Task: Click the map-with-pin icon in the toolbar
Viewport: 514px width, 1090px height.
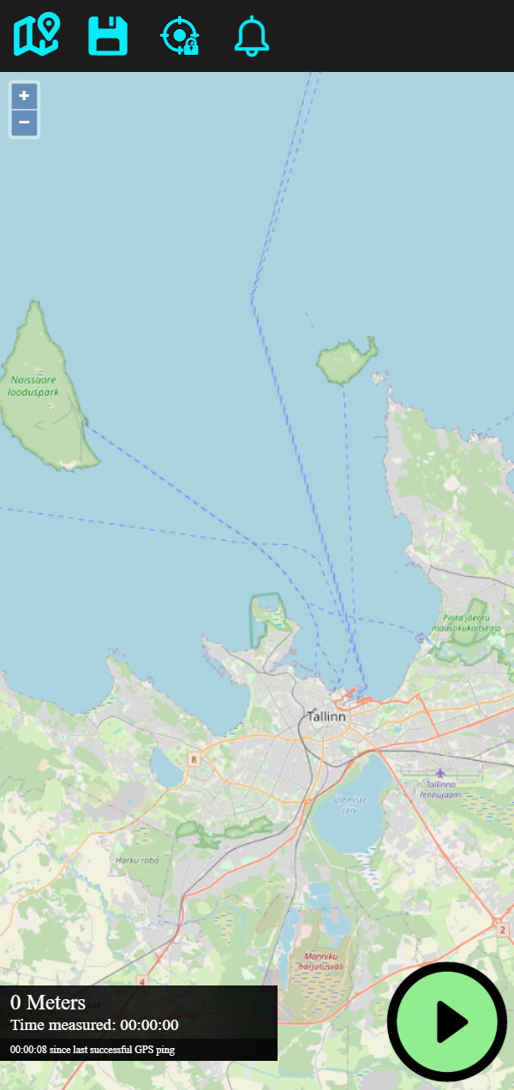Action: point(36,36)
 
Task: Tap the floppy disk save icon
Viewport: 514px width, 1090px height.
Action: point(108,36)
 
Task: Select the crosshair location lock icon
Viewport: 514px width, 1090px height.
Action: point(180,36)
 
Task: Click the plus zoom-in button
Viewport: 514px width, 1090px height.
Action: point(24,96)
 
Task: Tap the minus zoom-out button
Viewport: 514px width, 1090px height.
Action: point(24,123)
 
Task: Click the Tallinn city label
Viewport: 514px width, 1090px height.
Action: point(326,716)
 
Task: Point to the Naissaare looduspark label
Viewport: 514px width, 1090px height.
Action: point(34,385)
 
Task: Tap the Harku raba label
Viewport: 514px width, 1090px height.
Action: point(137,859)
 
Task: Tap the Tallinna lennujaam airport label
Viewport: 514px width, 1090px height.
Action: point(440,789)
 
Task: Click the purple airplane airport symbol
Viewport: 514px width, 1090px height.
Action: point(440,773)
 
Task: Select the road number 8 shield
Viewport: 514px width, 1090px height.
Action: point(194,759)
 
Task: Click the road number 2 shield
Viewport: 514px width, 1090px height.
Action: point(501,929)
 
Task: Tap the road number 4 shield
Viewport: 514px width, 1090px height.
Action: point(142,981)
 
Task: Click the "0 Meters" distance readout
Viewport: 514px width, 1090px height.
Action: point(48,1003)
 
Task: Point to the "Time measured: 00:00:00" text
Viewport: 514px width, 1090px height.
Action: point(94,1025)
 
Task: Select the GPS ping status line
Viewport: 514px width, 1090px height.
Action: point(93,1049)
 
